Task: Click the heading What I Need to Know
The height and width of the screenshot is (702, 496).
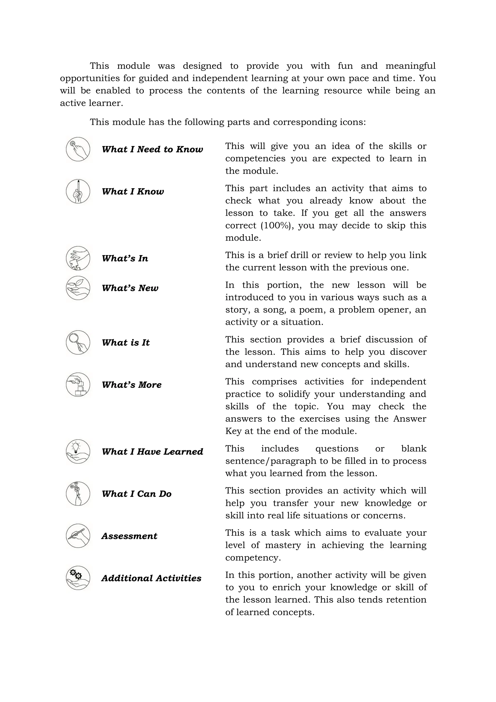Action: click(152, 149)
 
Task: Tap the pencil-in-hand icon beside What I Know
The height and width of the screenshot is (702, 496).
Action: click(78, 191)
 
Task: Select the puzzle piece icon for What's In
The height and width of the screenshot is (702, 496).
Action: click(78, 258)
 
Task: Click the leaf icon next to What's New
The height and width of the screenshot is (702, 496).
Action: click(78, 288)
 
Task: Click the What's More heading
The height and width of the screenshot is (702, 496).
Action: click(132, 385)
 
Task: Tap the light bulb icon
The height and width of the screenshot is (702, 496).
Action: click(78, 451)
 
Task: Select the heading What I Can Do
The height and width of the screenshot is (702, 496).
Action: click(137, 494)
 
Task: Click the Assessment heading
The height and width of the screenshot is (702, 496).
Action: click(129, 536)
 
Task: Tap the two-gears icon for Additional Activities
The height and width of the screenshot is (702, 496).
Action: click(78, 578)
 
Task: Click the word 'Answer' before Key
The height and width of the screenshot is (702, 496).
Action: click(409, 419)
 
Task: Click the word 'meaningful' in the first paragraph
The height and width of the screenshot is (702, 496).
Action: click(410, 66)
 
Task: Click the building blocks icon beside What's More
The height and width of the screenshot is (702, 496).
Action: click(78, 385)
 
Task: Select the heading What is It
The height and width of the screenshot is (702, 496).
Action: click(125, 343)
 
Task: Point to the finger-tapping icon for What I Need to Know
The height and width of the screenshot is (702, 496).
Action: click(78, 149)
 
